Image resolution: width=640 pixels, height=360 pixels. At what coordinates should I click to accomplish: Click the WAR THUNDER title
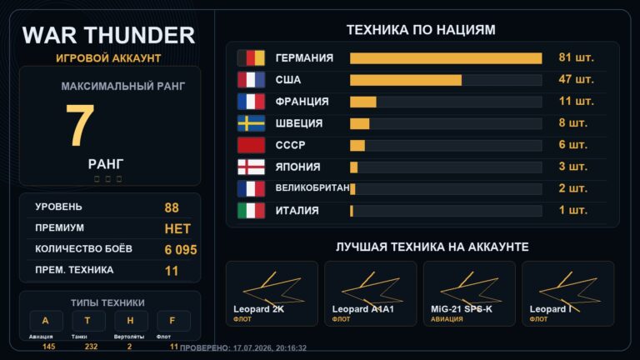(108, 35)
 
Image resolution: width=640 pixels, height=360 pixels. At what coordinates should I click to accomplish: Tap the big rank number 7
(80, 125)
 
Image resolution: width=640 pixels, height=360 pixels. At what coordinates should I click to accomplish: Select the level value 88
(172, 207)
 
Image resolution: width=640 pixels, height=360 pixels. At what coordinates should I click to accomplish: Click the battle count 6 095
(181, 250)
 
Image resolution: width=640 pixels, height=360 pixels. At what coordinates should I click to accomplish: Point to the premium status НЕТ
(177, 229)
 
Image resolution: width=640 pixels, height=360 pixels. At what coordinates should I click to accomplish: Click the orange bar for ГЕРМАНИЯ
(446, 58)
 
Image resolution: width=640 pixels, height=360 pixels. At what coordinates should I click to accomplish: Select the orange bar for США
(406, 80)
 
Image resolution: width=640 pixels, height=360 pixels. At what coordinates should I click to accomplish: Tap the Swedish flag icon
(251, 123)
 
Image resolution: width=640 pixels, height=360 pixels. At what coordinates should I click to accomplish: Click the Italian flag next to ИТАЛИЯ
(251, 211)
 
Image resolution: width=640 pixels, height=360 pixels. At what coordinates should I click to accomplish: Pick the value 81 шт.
(576, 57)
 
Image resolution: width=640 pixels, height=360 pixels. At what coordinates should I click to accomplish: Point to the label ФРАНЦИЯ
(302, 102)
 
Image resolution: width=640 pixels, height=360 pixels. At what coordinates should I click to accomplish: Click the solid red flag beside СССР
(251, 145)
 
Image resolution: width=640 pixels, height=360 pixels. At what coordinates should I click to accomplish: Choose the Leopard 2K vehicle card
(272, 294)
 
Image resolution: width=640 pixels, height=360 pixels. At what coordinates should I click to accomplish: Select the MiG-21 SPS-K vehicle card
(469, 294)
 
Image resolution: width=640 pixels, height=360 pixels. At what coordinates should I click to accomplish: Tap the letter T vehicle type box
(88, 321)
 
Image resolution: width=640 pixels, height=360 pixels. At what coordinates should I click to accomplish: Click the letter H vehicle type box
(131, 321)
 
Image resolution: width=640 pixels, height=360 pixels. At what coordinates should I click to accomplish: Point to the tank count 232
(91, 347)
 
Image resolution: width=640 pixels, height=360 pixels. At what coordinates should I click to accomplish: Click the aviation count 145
(48, 347)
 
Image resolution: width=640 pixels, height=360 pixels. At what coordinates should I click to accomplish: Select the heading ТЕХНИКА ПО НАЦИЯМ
(421, 30)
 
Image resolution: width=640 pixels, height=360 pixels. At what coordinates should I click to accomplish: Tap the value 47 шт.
(576, 79)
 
